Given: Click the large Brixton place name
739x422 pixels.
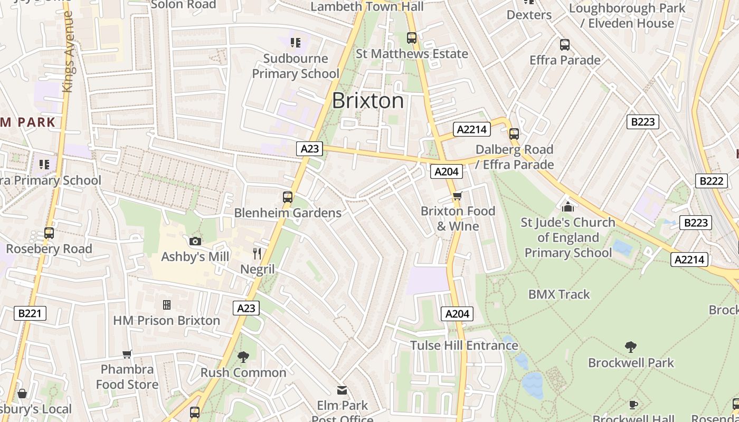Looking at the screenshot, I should tap(368, 100).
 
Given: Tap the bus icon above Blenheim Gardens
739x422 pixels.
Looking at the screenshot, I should tap(288, 197).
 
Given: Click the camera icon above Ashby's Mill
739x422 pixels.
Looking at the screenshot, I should tap(195, 241).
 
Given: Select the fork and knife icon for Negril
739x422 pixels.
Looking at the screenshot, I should tap(257, 254).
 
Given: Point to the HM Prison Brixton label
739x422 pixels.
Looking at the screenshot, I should tap(166, 320).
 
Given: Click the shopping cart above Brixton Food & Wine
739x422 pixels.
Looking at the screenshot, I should tap(457, 196).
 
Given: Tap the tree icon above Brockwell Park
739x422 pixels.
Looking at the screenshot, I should tap(630, 347).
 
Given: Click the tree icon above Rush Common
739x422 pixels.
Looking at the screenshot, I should tap(243, 357).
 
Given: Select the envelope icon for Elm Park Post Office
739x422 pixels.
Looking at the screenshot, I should tap(342, 390).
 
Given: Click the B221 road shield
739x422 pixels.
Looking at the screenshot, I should tap(30, 313).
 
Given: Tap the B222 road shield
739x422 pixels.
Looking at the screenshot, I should tap(710, 181).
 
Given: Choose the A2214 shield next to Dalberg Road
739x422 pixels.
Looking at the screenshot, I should tap(472, 129).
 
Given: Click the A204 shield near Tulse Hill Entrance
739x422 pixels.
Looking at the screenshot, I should tap(457, 314).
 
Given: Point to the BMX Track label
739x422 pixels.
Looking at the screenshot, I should tap(559, 294).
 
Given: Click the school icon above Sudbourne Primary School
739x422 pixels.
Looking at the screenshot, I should tap(295, 42).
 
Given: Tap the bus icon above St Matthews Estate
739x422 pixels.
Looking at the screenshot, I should tap(412, 38).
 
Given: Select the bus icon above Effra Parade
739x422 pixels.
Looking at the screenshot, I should tap(565, 45).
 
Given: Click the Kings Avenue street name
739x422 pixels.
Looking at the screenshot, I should tap(68, 53).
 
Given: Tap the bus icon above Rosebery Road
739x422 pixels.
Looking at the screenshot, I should tap(49, 233).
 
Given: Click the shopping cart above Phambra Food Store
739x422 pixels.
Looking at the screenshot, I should tap(127, 354).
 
